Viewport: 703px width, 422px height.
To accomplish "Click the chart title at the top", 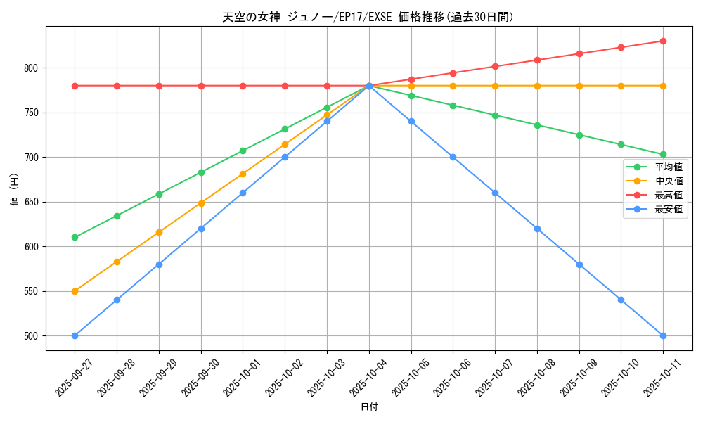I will [368, 17].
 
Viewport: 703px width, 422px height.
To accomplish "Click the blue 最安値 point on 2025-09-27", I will [75, 335].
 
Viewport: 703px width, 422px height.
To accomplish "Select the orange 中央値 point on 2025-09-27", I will [75, 291].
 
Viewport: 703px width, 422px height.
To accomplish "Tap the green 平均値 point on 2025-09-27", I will [75, 237].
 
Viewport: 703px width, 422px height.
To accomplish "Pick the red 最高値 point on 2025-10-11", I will [663, 41].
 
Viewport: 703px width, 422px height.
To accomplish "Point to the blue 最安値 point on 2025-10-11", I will [663, 335].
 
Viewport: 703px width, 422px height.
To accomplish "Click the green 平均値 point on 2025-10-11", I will [663, 154].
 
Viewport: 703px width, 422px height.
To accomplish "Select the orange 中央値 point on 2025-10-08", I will [537, 86].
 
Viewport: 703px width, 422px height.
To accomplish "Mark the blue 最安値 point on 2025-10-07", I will [495, 193].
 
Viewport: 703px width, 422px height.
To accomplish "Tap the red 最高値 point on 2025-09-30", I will [201, 86].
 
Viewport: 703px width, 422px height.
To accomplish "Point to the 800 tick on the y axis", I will [33, 68].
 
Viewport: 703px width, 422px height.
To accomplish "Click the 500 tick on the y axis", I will [33, 336].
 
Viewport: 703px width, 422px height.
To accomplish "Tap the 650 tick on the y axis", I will [33, 202].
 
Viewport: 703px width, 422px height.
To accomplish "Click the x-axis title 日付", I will [369, 407].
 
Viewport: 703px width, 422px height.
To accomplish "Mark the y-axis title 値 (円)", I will [15, 188].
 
